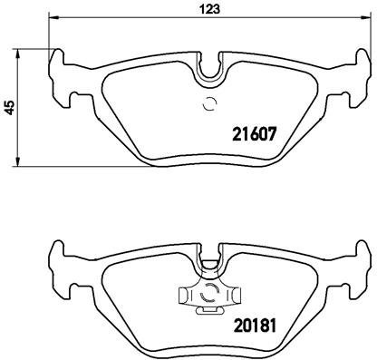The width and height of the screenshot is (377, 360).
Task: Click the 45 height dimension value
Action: pyautogui.click(x=10, y=106)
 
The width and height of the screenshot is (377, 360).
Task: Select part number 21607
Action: pyautogui.click(x=247, y=134)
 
